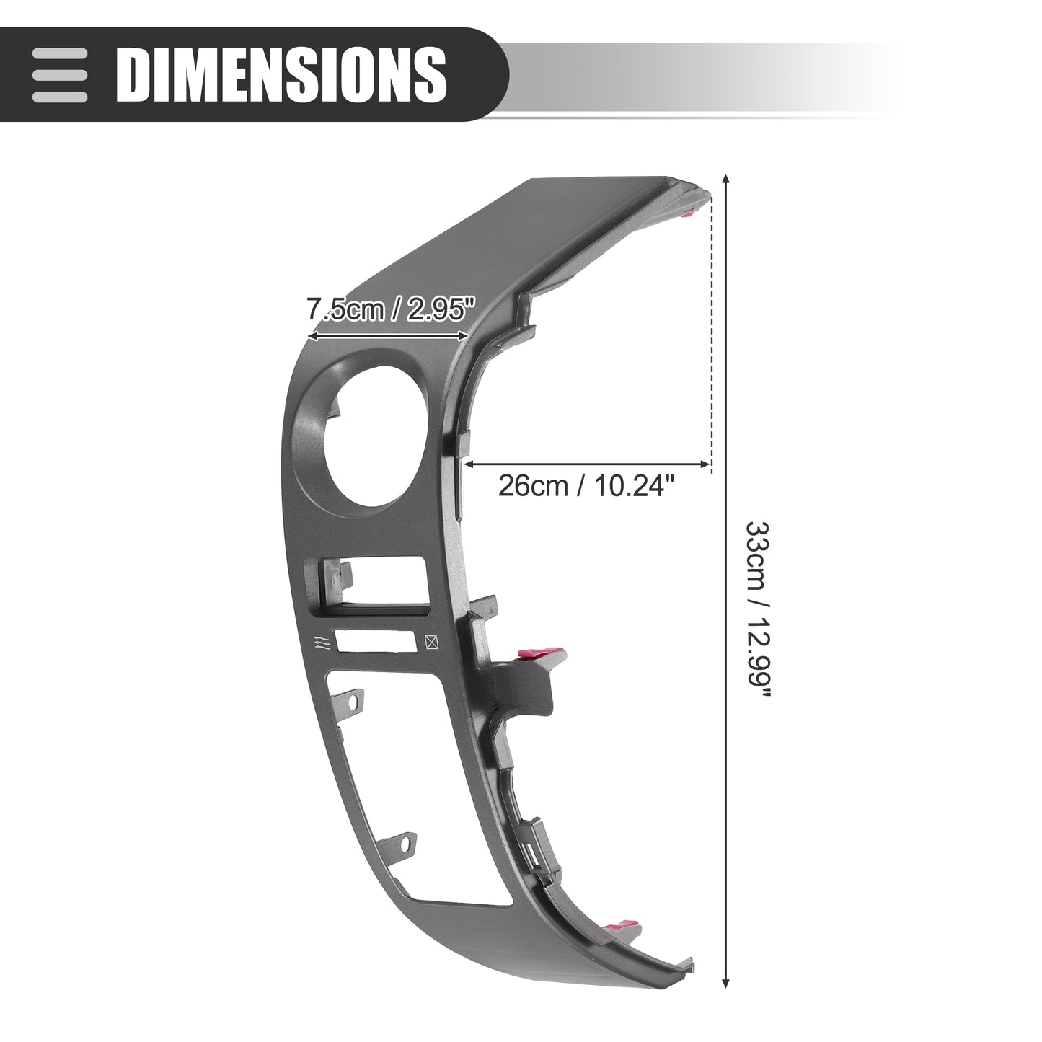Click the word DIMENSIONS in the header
tap(281, 74)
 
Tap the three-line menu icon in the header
tap(59, 75)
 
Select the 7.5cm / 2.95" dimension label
tap(390, 309)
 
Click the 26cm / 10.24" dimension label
tap(587, 485)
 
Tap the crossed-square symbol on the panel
tap(432, 643)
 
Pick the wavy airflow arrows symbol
tap(320, 643)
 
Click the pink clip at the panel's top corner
tap(696, 204)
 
